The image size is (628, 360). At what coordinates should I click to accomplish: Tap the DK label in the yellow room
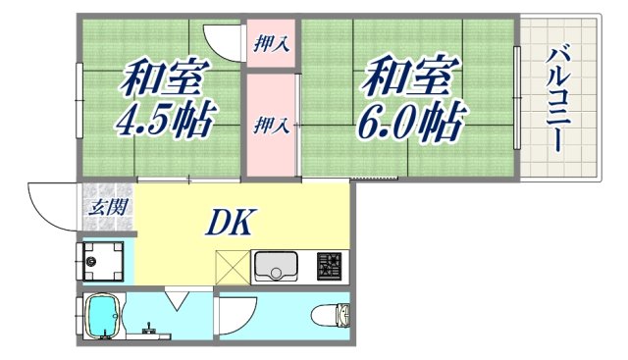pyautogui.click(x=231, y=224)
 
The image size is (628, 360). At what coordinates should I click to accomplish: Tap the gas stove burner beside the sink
pyautogui.click(x=330, y=266)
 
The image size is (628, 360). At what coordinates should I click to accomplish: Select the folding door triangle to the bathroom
pyautogui.click(x=178, y=298)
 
